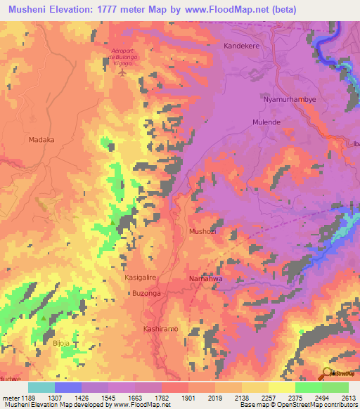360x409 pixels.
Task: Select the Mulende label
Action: click(x=266, y=122)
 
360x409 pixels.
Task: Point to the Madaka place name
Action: click(x=41, y=140)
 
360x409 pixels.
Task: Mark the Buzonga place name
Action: click(x=147, y=293)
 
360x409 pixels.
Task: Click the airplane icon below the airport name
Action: click(x=124, y=72)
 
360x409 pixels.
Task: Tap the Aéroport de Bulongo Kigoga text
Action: click(x=125, y=56)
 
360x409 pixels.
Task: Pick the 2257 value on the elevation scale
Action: click(x=269, y=397)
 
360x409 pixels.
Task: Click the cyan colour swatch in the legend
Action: click(x=41, y=387)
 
